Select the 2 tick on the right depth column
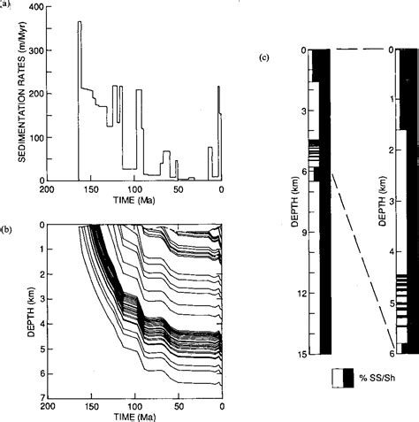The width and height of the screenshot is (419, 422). tap(386, 150)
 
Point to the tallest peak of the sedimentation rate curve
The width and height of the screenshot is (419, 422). tap(80, 22)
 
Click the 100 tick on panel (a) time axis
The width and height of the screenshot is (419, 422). tap(134, 189)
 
